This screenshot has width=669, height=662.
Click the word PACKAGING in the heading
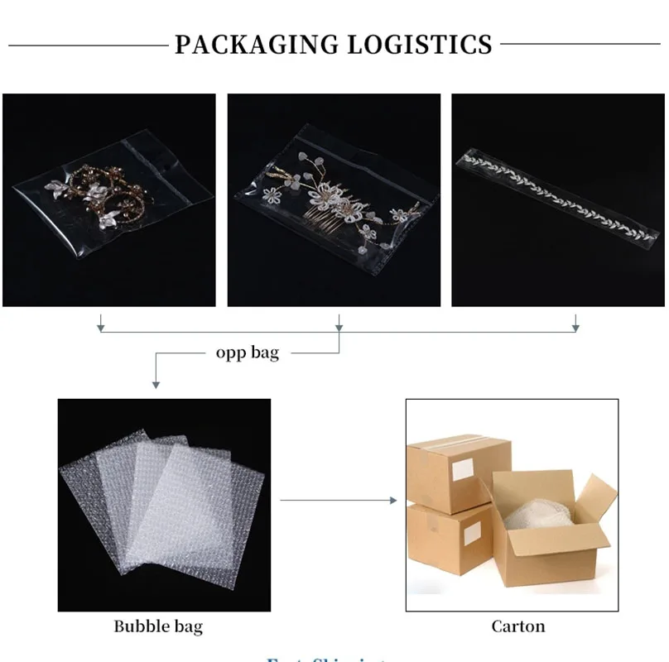click(256, 44)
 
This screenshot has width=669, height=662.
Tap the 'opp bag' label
click(248, 353)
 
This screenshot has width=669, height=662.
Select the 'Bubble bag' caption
click(158, 626)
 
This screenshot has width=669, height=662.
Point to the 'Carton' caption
click(518, 626)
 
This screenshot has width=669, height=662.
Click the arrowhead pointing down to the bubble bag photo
click(156, 383)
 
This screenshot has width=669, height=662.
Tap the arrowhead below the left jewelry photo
click(101, 327)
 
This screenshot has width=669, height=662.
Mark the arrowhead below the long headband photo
click(575, 327)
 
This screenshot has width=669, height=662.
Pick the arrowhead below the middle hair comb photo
click(339, 327)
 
